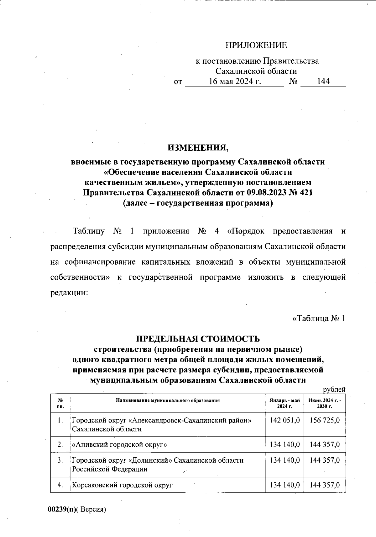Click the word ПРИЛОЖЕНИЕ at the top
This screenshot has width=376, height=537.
pos(256,46)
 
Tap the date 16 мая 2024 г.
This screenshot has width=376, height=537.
pos(235,82)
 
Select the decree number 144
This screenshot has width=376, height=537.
pos(323,82)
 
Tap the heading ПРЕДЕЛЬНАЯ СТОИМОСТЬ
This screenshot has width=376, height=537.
pos(198,339)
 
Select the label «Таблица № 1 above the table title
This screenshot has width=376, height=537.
pos(319,318)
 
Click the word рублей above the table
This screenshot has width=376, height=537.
pos(334,389)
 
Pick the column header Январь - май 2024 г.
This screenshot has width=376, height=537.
pos(285,403)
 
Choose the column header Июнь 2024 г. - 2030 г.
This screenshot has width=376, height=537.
pos(325,403)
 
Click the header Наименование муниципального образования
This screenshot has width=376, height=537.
pos(168,400)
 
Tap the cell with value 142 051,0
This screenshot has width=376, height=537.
pos(285,420)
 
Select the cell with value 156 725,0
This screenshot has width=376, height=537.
pos(325,420)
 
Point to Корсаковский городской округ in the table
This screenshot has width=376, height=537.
pos(122,485)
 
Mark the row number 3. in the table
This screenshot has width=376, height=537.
pos(60,460)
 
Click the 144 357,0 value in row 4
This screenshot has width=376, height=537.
pos(325,485)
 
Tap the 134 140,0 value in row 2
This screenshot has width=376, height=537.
pos(285,445)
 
